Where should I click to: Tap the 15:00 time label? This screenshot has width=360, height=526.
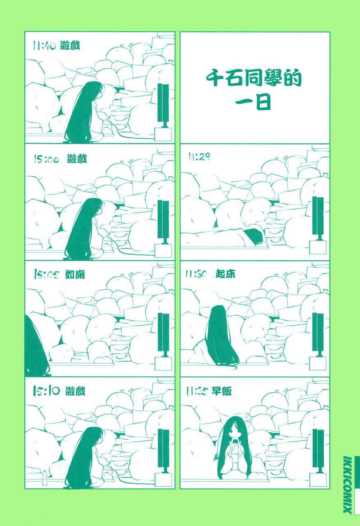46,159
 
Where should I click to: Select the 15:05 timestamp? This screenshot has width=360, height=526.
46,275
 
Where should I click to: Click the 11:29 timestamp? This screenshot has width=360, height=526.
199,157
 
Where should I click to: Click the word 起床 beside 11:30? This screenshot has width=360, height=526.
225,275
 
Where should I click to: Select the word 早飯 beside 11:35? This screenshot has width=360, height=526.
222,391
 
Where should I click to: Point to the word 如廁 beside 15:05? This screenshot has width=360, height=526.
75,275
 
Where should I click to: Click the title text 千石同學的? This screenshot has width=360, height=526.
254,78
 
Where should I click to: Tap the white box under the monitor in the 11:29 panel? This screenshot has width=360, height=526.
318,247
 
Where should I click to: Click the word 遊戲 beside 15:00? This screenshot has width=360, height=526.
77,159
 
